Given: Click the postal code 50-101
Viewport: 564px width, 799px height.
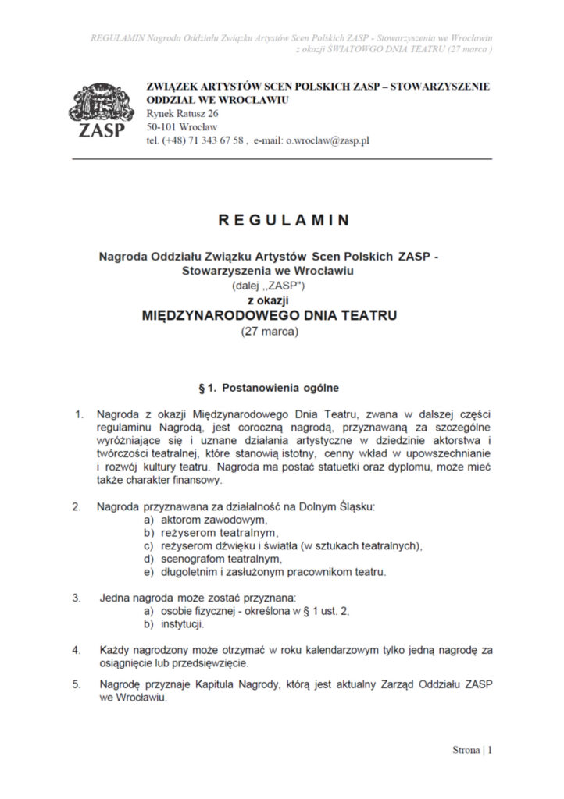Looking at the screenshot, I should pyautogui.click(x=161, y=127).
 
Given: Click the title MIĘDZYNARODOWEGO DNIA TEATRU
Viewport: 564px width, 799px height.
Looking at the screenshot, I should pyautogui.click(x=269, y=316).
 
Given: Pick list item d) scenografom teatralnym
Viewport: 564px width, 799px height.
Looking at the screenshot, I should pyautogui.click(x=212, y=559).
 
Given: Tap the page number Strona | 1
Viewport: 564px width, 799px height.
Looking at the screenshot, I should pyautogui.click(x=472, y=751).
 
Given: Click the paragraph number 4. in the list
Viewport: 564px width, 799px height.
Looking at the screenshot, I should pyautogui.click(x=77, y=649).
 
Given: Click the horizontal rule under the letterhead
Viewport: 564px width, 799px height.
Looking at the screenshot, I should pyautogui.click(x=282, y=159).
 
